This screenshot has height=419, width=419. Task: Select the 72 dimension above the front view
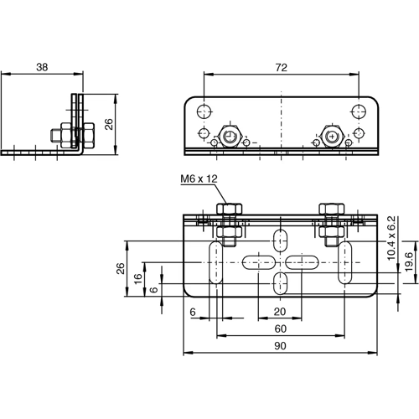(282, 65)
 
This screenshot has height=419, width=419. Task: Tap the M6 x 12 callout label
(198, 178)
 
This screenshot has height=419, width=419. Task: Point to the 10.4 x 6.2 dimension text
(391, 238)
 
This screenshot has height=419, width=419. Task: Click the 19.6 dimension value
(408, 261)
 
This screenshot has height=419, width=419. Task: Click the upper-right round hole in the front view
(359, 111)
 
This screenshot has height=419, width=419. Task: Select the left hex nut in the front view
(228, 136)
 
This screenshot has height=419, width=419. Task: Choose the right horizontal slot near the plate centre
(304, 262)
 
